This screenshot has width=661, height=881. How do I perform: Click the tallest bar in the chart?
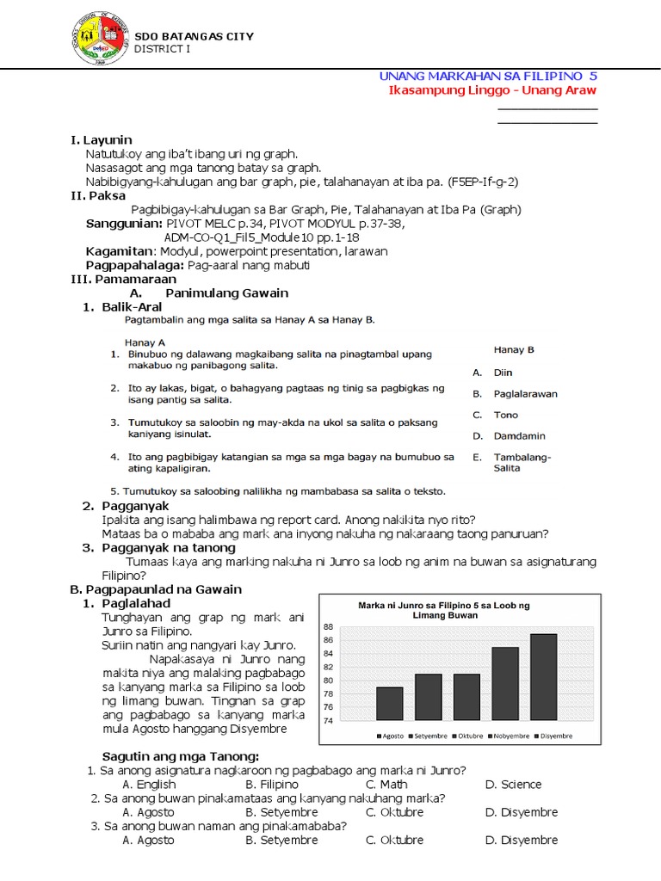[543, 676]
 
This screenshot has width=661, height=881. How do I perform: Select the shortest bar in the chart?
[390, 703]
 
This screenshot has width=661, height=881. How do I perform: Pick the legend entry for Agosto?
[391, 736]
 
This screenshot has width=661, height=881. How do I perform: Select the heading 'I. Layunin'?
[101, 139]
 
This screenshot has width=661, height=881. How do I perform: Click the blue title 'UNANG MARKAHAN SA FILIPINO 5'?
[488, 77]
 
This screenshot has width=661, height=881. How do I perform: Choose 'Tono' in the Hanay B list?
[505, 415]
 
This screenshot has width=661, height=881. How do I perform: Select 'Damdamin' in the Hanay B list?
[519, 436]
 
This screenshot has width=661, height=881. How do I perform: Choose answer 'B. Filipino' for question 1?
[272, 784]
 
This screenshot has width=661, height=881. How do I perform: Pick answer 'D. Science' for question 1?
[513, 784]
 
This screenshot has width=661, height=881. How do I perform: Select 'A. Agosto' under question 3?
[148, 840]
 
